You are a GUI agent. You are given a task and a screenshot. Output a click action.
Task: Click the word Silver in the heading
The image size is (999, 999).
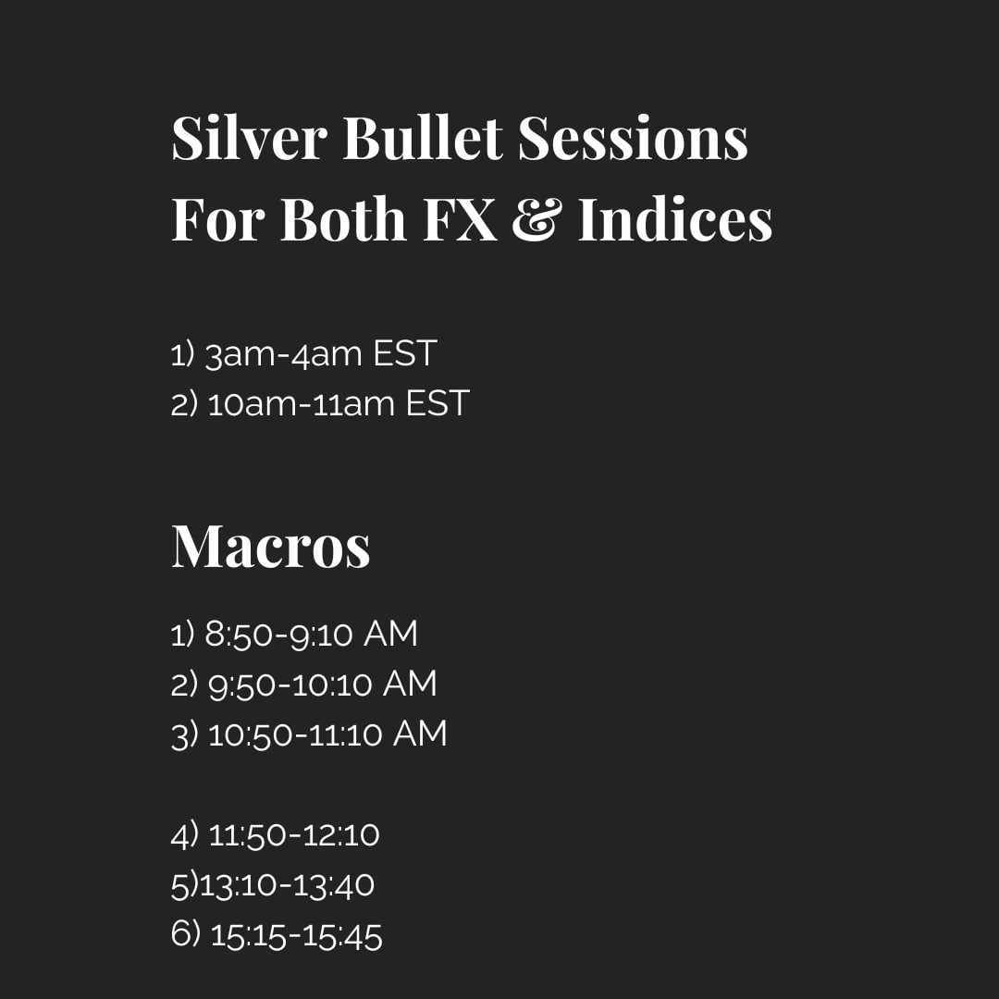pos(249,139)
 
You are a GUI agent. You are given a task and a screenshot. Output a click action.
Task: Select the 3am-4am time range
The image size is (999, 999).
pos(284,354)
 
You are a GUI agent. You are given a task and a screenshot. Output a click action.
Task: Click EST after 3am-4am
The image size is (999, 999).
pos(404,353)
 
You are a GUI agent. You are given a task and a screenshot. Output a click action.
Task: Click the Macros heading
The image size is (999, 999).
pos(271,546)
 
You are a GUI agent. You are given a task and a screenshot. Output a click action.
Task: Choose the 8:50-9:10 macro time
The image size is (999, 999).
pos(278,635)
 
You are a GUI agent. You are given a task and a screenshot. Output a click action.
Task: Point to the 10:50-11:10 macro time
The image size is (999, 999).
pos(295,734)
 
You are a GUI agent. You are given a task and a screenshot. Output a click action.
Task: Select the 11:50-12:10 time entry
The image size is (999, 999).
pos(294,835)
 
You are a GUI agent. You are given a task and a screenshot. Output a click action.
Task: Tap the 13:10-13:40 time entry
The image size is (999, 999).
pos(287,885)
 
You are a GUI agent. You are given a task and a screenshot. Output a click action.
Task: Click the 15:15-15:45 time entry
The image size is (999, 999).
pos(296,935)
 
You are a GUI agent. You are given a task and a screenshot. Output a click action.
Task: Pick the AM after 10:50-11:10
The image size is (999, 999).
pos(420,734)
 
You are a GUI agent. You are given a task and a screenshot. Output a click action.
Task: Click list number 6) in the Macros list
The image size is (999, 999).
pos(185,935)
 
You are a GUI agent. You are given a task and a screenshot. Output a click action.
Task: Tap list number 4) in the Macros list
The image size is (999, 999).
pos(185,835)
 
